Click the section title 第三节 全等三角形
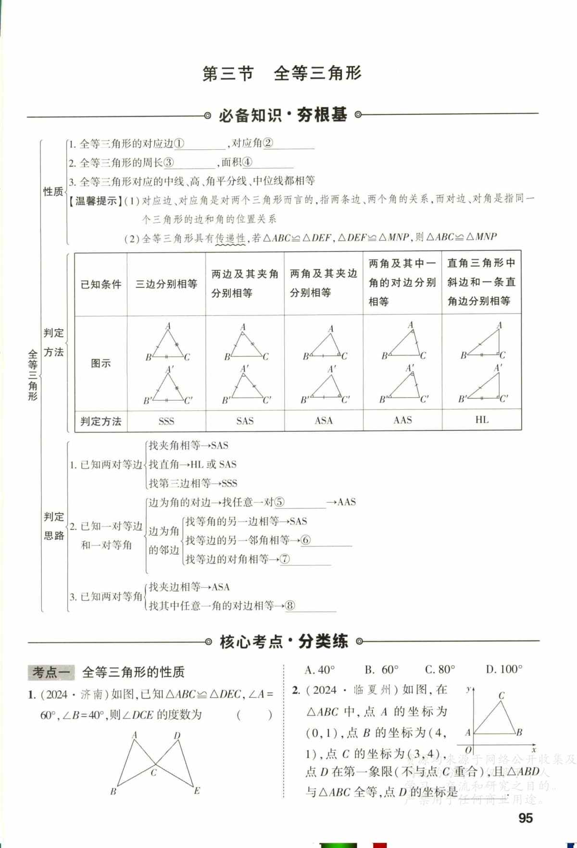[x=282, y=74]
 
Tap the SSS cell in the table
[x=166, y=421]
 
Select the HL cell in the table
[x=482, y=420]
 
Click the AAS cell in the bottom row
[x=402, y=420]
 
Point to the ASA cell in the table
[x=324, y=421]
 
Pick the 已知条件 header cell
[x=101, y=284]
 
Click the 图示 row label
[x=101, y=363]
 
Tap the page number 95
[x=526, y=818]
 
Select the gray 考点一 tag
[x=51, y=672]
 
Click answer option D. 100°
[x=504, y=669]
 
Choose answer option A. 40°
[x=320, y=669]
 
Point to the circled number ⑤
[x=279, y=503]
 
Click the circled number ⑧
[x=289, y=606]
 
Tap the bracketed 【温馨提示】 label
[x=96, y=201]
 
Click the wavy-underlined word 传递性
[x=230, y=238]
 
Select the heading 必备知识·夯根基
[x=283, y=115]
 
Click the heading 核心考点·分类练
[x=284, y=641]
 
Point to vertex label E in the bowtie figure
[x=197, y=791]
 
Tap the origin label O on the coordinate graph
[x=468, y=750]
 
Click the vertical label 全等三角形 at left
[x=33, y=375]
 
